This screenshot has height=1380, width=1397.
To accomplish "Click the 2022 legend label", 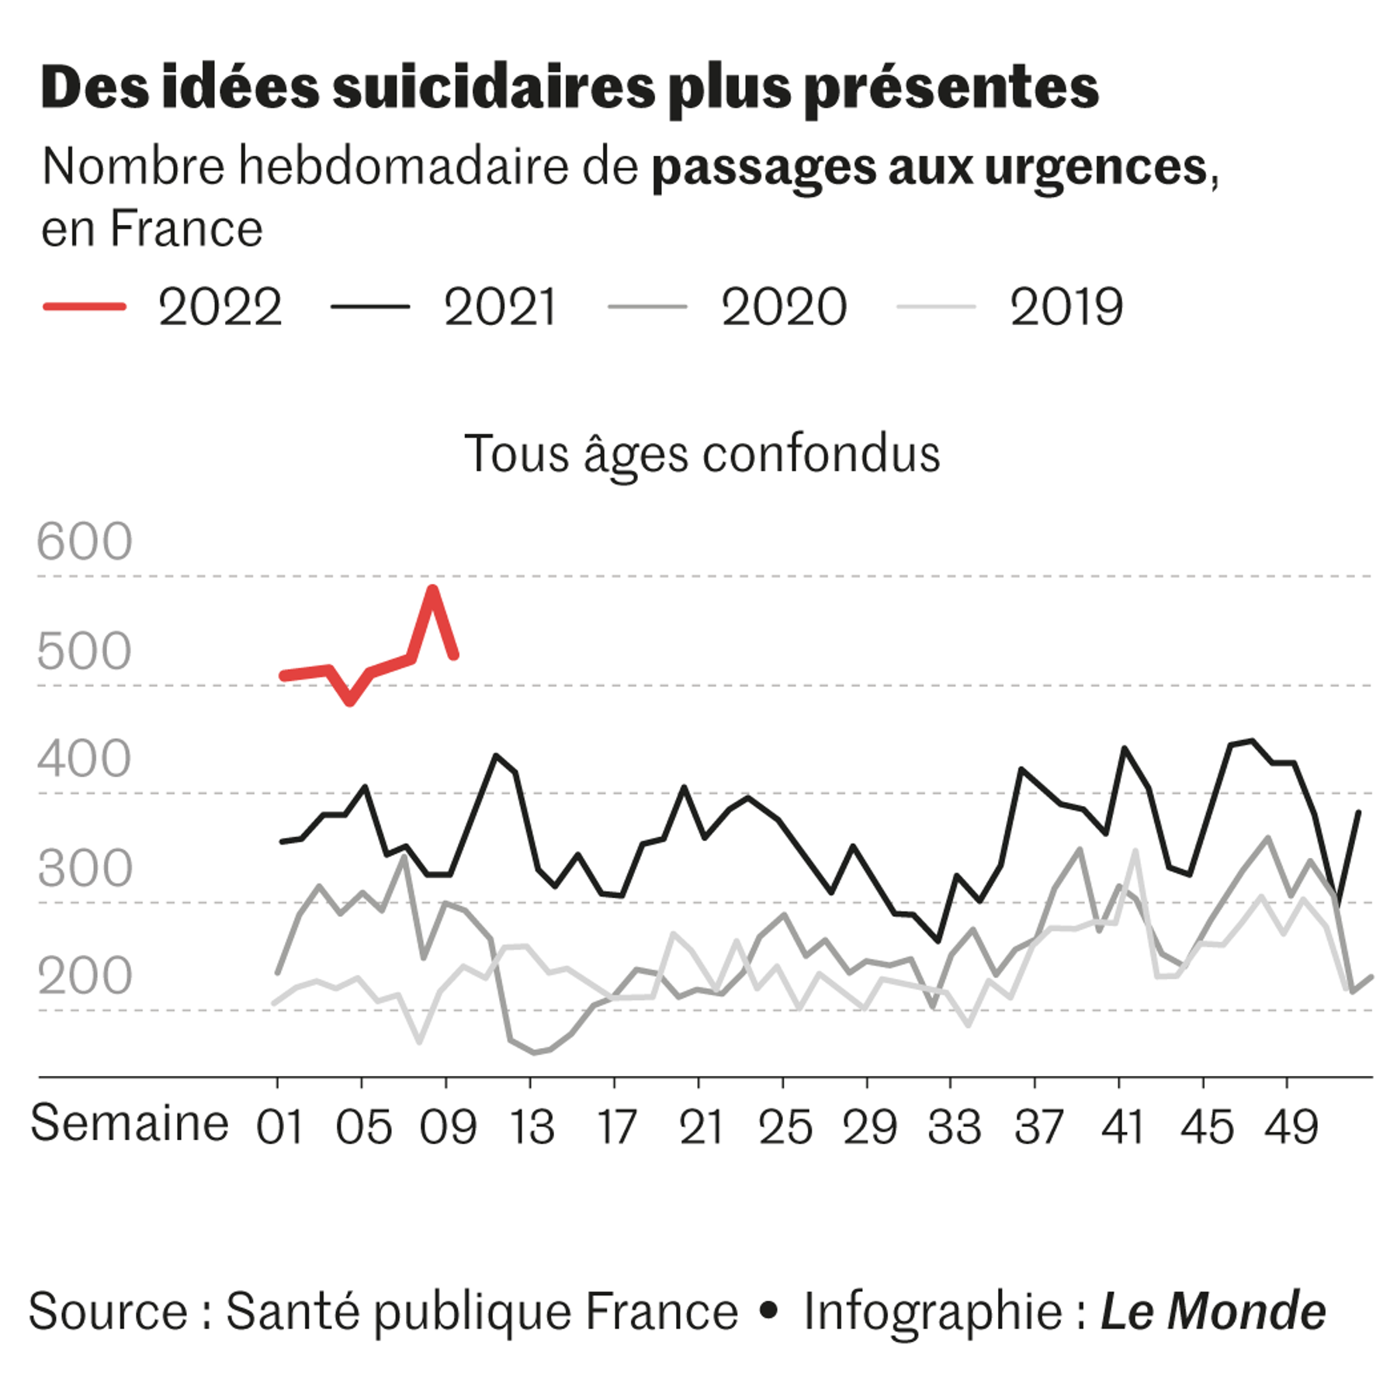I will (220, 308).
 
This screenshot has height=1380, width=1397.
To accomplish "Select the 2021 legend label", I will (501, 308).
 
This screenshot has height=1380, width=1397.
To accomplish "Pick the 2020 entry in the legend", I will (784, 308).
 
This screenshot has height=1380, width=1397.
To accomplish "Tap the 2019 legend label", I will (1066, 308).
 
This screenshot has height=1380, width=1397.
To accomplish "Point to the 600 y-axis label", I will (85, 541).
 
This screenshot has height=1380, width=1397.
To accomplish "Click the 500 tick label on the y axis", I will (85, 651).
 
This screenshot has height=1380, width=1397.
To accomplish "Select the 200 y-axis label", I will (85, 977).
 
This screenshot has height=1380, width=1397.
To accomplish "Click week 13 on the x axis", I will (532, 1128).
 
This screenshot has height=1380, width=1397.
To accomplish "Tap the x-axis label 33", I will (954, 1128).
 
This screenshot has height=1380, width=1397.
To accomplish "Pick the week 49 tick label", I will (1291, 1128).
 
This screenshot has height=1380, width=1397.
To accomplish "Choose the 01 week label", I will (280, 1128).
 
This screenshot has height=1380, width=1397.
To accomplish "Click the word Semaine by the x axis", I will (130, 1123).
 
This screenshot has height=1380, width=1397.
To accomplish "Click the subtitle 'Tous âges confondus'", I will (702, 454).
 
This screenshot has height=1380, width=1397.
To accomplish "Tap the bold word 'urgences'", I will (1095, 167).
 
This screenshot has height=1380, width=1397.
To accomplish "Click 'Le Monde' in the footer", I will (1212, 1312).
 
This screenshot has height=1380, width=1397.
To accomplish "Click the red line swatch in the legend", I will (85, 307).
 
